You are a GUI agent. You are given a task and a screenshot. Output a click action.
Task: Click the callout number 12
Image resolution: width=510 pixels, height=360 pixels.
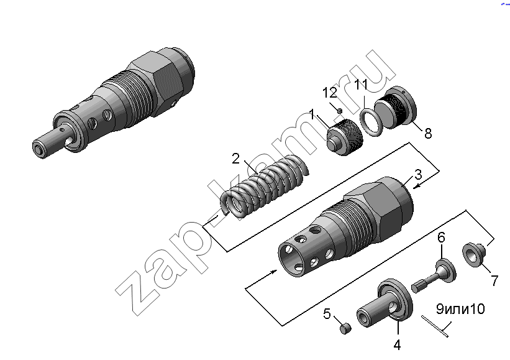pyautogui.click(x=330, y=93)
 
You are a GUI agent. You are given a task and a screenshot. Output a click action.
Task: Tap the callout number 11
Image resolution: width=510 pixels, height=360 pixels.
pyautogui.click(x=361, y=85)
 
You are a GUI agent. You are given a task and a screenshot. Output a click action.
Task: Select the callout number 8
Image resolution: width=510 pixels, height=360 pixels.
pyautogui.click(x=428, y=133)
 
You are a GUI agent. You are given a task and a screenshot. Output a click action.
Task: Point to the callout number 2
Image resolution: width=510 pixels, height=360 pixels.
pyautogui.click(x=236, y=159)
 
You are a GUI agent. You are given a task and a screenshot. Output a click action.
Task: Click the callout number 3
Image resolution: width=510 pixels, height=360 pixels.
pyautogui.click(x=418, y=175)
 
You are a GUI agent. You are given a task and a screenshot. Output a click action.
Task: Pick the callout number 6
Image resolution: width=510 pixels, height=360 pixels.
pyautogui.click(x=441, y=238)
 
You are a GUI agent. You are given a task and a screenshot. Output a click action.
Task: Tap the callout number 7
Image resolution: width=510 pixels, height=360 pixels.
pyautogui.click(x=494, y=280)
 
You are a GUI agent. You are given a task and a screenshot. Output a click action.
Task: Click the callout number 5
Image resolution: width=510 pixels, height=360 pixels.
pyautogui.click(x=327, y=314)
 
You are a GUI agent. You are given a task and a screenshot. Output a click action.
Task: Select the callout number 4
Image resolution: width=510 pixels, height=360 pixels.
pyautogui.click(x=397, y=344)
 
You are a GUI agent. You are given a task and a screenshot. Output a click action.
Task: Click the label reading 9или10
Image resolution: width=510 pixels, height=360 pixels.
pyautogui.click(x=460, y=309)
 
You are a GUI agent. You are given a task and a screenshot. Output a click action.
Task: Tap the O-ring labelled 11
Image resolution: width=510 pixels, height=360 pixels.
pyautogui.click(x=371, y=122)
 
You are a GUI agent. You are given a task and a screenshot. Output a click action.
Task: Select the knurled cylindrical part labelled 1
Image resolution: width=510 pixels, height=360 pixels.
pyautogui.click(x=345, y=137)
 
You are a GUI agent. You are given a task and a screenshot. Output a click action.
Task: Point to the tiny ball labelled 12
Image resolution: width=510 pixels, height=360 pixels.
pyautogui.click(x=340, y=111)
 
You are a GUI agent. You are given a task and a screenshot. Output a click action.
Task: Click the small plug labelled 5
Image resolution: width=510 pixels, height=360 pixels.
pyautogui.click(x=345, y=328)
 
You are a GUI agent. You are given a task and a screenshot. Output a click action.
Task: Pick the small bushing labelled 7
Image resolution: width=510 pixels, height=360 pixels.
pyautogui.click(x=474, y=254)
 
